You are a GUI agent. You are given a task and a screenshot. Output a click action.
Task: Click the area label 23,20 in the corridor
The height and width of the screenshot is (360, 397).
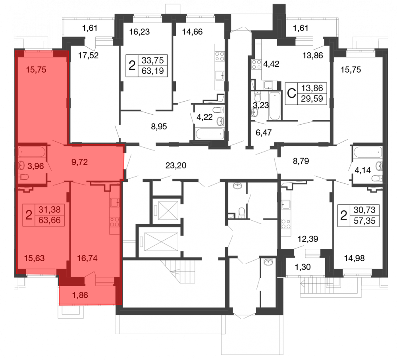point(176,166)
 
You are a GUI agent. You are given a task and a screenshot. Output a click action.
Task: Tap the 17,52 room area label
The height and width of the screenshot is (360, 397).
point(88,55)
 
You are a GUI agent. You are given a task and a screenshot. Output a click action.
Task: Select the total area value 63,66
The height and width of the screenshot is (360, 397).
point(50,220)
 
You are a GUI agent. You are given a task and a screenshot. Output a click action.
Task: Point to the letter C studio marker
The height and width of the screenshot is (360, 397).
point(292,93)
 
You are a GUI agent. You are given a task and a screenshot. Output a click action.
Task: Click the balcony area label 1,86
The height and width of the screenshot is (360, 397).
point(80,295)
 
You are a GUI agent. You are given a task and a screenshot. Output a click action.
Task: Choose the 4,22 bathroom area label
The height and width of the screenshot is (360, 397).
point(204,117)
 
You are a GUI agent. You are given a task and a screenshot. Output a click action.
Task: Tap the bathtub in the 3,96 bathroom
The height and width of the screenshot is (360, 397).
point(32,152)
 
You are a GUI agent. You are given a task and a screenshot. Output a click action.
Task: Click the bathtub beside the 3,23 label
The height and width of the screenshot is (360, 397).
point(275,106)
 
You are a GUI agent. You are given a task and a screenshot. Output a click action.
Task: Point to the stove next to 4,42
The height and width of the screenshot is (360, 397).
point(256,64)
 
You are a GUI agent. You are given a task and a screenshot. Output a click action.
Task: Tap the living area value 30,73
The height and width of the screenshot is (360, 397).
point(364,210)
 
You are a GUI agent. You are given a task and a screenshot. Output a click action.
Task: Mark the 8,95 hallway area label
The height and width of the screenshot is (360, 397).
point(159,126)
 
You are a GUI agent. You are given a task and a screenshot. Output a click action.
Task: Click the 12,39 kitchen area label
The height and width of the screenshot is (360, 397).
point(308,239)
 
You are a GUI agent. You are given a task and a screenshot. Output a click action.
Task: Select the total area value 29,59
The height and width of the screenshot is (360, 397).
point(312,98)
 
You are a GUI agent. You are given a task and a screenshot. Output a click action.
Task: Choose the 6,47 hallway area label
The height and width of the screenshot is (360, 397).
point(264,133)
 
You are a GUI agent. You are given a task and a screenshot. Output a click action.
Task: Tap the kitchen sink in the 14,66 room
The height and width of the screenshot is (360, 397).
point(220,75)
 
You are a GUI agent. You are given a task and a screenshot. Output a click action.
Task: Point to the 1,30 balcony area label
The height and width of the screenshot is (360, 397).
point(303,267)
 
